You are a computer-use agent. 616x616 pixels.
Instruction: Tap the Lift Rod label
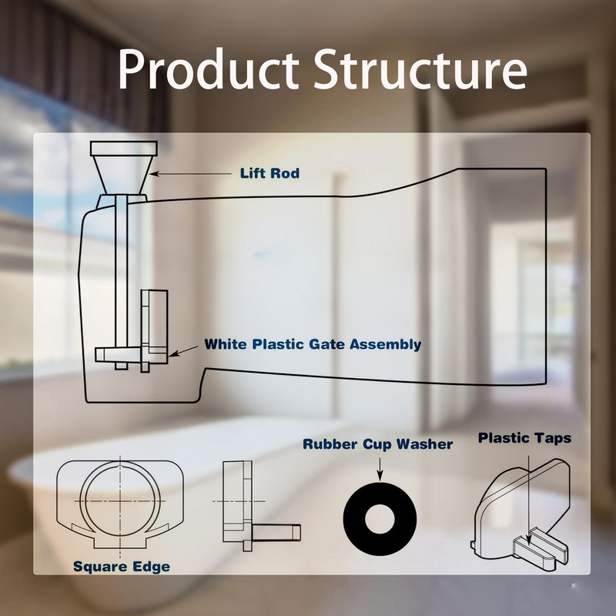269,173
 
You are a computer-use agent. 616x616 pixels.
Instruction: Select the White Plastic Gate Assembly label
313,344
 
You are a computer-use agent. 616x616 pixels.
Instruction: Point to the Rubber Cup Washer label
377,444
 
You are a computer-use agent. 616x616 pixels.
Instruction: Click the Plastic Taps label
524,438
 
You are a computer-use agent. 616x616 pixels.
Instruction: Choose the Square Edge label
122,567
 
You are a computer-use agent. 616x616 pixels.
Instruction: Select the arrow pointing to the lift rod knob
192,174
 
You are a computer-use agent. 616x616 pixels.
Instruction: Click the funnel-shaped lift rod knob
124,166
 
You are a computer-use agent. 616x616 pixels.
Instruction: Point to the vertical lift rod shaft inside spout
121,277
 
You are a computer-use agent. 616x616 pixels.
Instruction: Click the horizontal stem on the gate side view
277,531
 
